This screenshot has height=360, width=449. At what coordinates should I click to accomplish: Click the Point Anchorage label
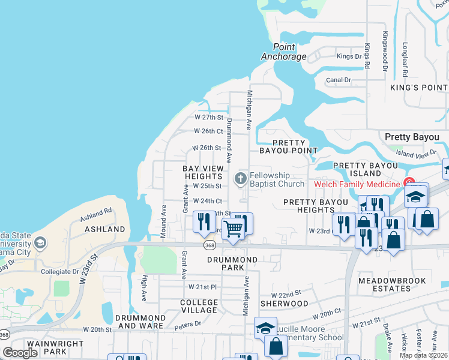tap(284, 52)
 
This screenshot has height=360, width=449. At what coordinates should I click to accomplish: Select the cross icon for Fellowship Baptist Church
tap(240, 178)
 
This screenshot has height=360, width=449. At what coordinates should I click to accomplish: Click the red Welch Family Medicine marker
tap(409, 182)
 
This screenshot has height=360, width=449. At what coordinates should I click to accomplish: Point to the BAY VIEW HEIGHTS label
tap(203, 173)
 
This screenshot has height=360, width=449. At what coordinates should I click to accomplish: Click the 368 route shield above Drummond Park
tap(209, 245)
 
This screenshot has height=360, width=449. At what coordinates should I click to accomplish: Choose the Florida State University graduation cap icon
tap(40, 243)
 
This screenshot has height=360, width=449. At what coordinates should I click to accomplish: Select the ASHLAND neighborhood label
tap(105, 229)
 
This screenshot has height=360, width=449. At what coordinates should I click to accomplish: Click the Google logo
tap(20, 353)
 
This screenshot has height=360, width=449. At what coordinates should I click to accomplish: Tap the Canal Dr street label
tap(339, 80)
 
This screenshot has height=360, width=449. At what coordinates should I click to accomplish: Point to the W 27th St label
tap(208, 118)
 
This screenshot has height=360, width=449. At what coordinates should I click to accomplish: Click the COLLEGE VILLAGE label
tap(199, 306)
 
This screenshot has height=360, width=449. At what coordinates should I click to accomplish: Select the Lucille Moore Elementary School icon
tap(265, 328)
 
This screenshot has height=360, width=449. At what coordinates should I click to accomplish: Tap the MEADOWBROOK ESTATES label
tap(392, 284)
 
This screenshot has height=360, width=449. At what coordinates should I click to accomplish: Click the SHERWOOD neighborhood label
tap(284, 304)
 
